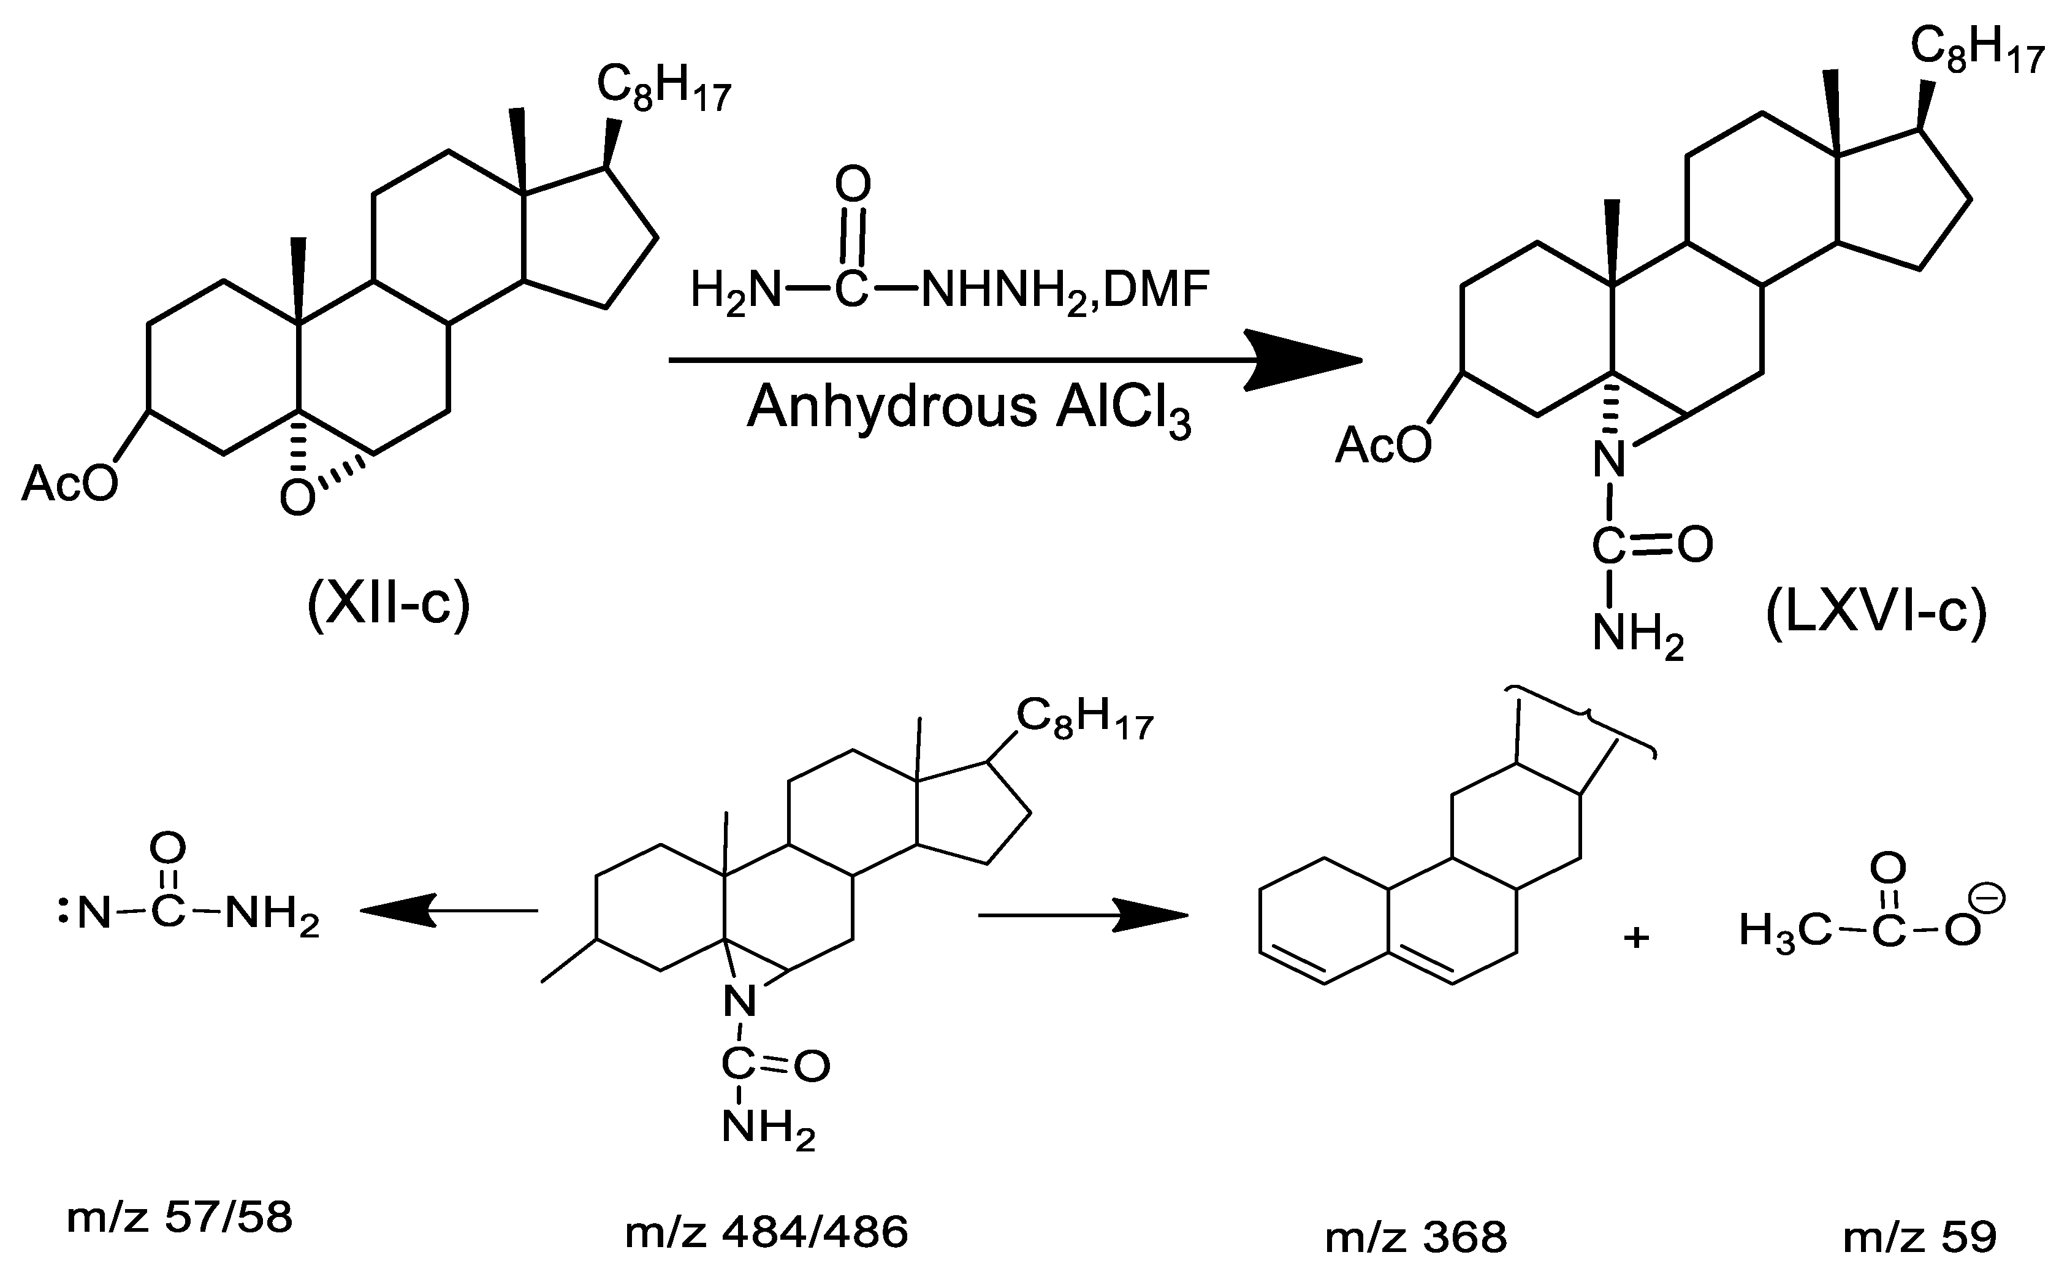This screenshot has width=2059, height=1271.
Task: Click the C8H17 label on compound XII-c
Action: (664, 89)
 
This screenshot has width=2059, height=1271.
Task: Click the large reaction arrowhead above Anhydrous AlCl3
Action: (1303, 361)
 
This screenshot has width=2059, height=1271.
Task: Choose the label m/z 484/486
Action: (766, 1232)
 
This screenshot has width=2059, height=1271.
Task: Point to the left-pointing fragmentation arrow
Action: (395, 910)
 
